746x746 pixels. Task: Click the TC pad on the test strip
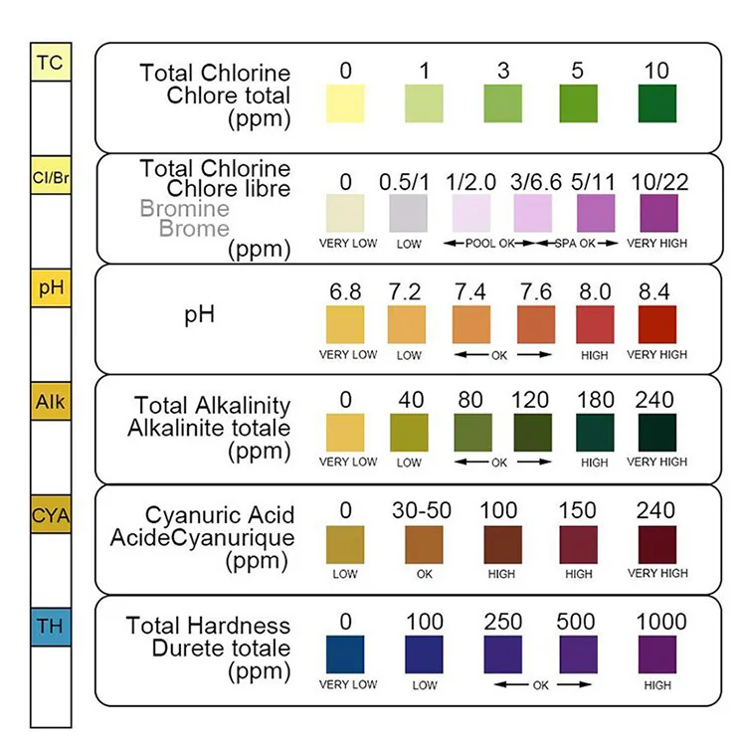point(50,63)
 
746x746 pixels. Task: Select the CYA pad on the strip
point(50,514)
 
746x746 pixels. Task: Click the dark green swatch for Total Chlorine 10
point(656,103)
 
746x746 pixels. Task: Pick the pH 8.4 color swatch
point(656,324)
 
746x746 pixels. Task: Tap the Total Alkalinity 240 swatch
point(656,435)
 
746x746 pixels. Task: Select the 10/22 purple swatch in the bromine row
point(656,214)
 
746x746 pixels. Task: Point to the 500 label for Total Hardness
point(578,623)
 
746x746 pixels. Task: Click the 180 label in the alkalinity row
point(594,401)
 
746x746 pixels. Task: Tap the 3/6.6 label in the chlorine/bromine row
point(536,182)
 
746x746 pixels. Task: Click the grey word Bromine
point(185,209)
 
